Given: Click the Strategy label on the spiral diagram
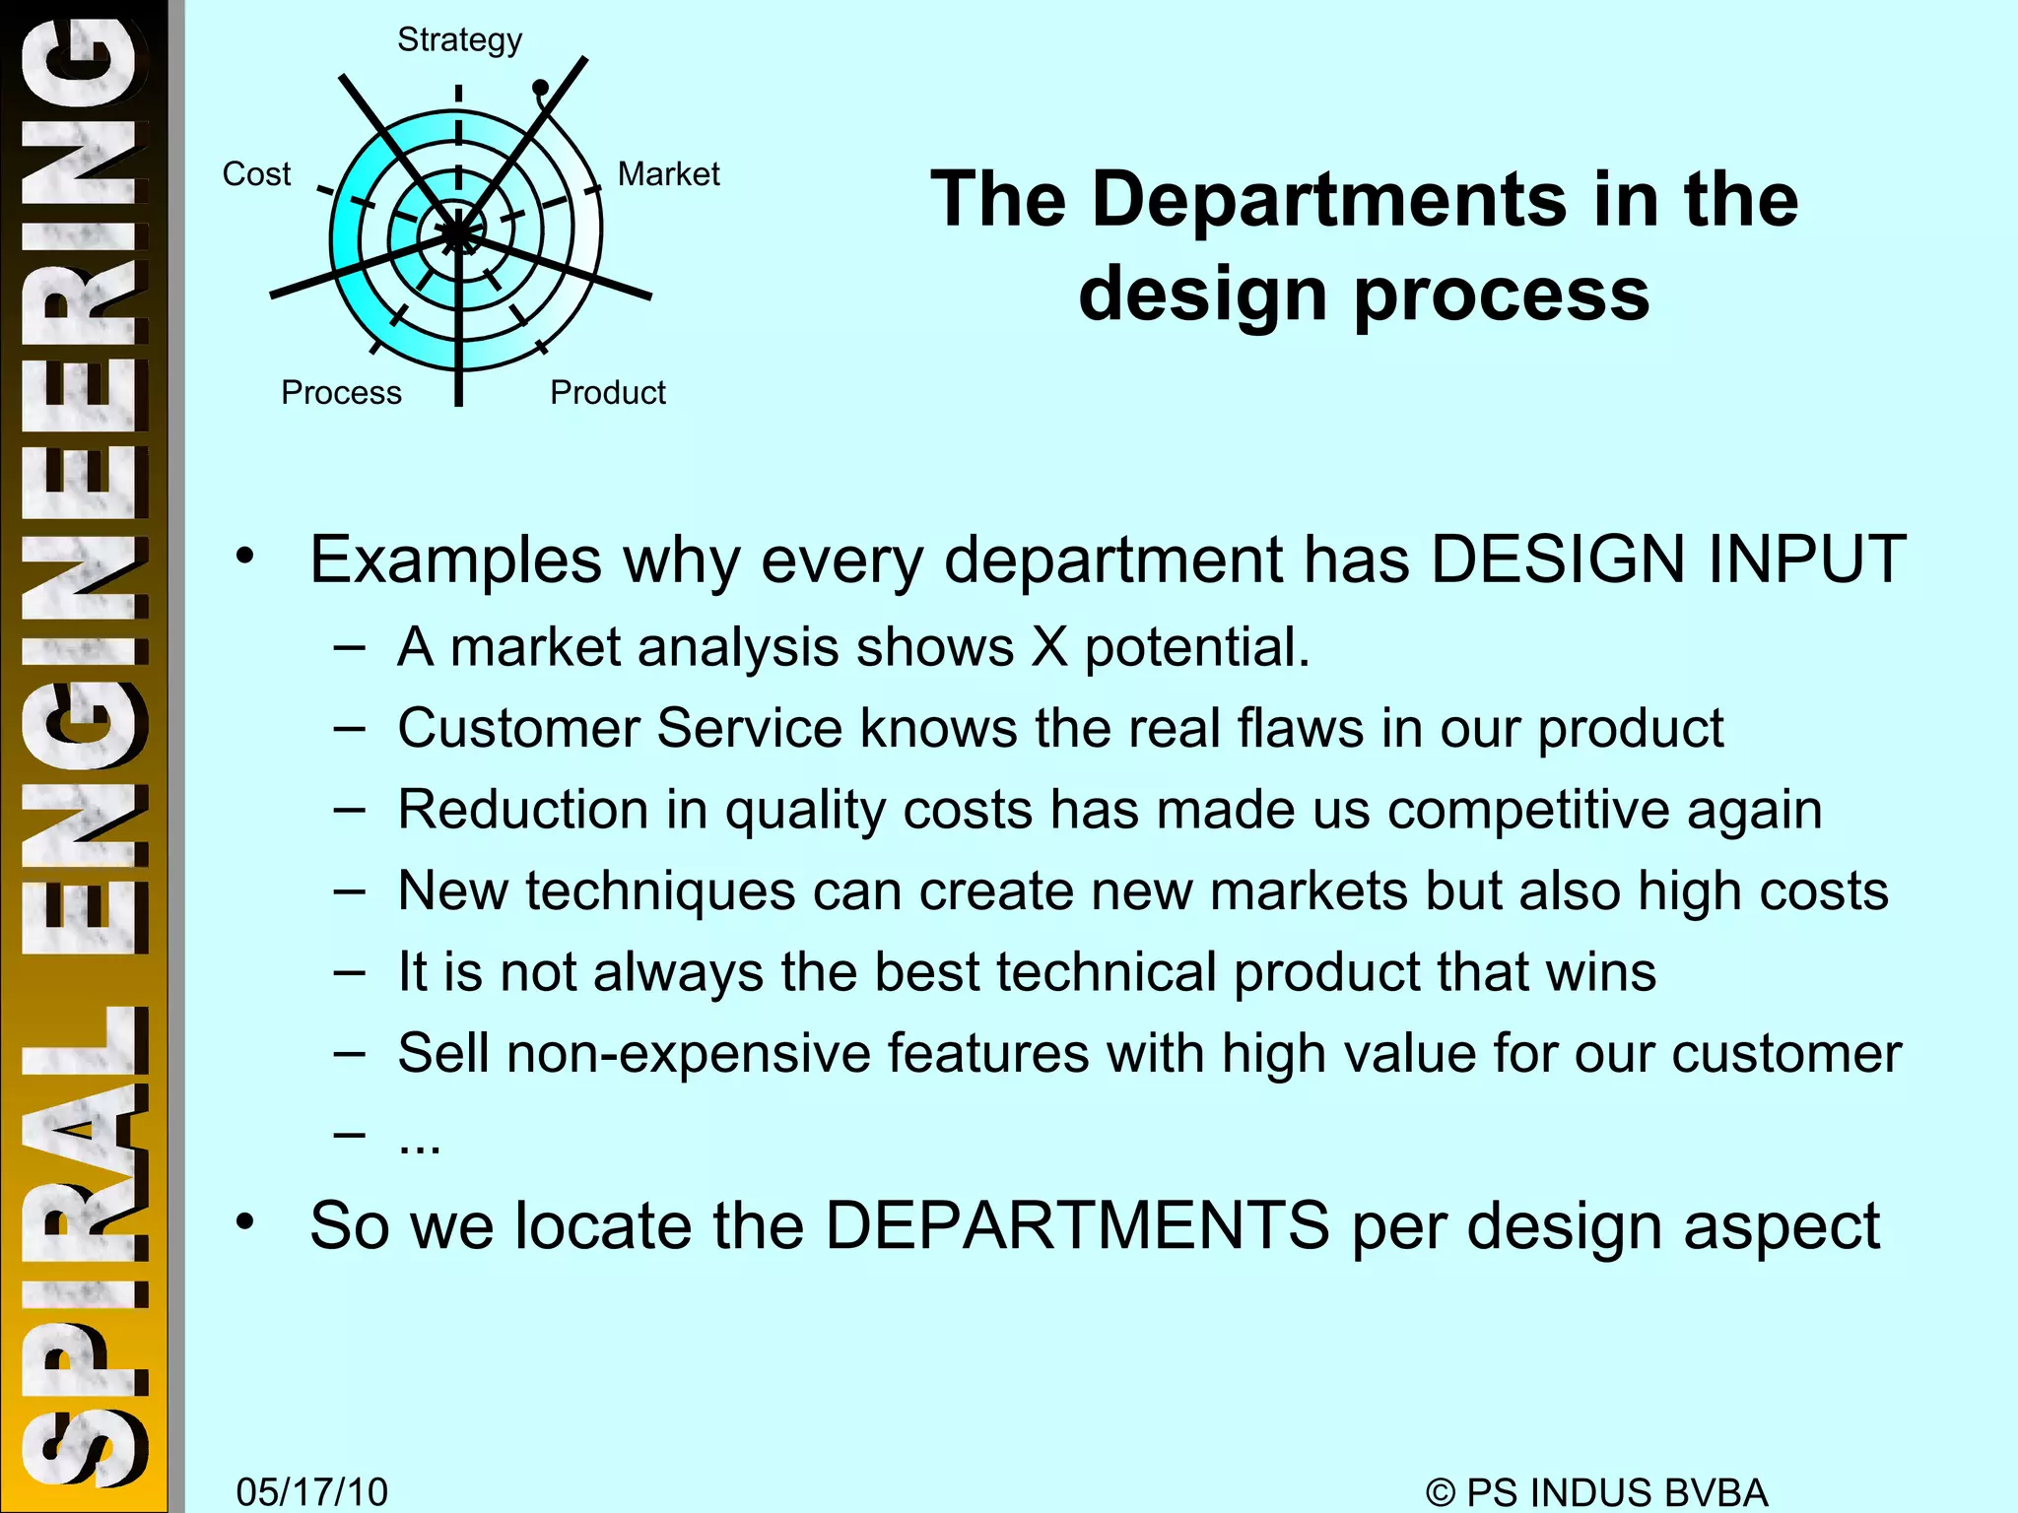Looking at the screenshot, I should (x=459, y=40).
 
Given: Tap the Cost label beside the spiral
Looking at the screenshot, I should (x=256, y=174).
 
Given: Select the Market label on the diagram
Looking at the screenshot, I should (x=668, y=174).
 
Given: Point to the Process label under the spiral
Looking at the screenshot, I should (x=341, y=393).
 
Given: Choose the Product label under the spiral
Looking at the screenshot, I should (x=607, y=393).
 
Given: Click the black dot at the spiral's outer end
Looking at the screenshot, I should (x=540, y=89).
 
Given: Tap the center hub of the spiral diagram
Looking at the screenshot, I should (x=458, y=233).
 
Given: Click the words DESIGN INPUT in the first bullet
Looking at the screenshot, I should (x=1667, y=560).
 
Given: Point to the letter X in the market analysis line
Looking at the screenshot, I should (x=1049, y=648).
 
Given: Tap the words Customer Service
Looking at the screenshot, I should (x=620, y=729).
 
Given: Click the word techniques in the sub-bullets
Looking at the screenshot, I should (x=660, y=891).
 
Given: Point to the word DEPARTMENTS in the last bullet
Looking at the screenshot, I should (x=1077, y=1227).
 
